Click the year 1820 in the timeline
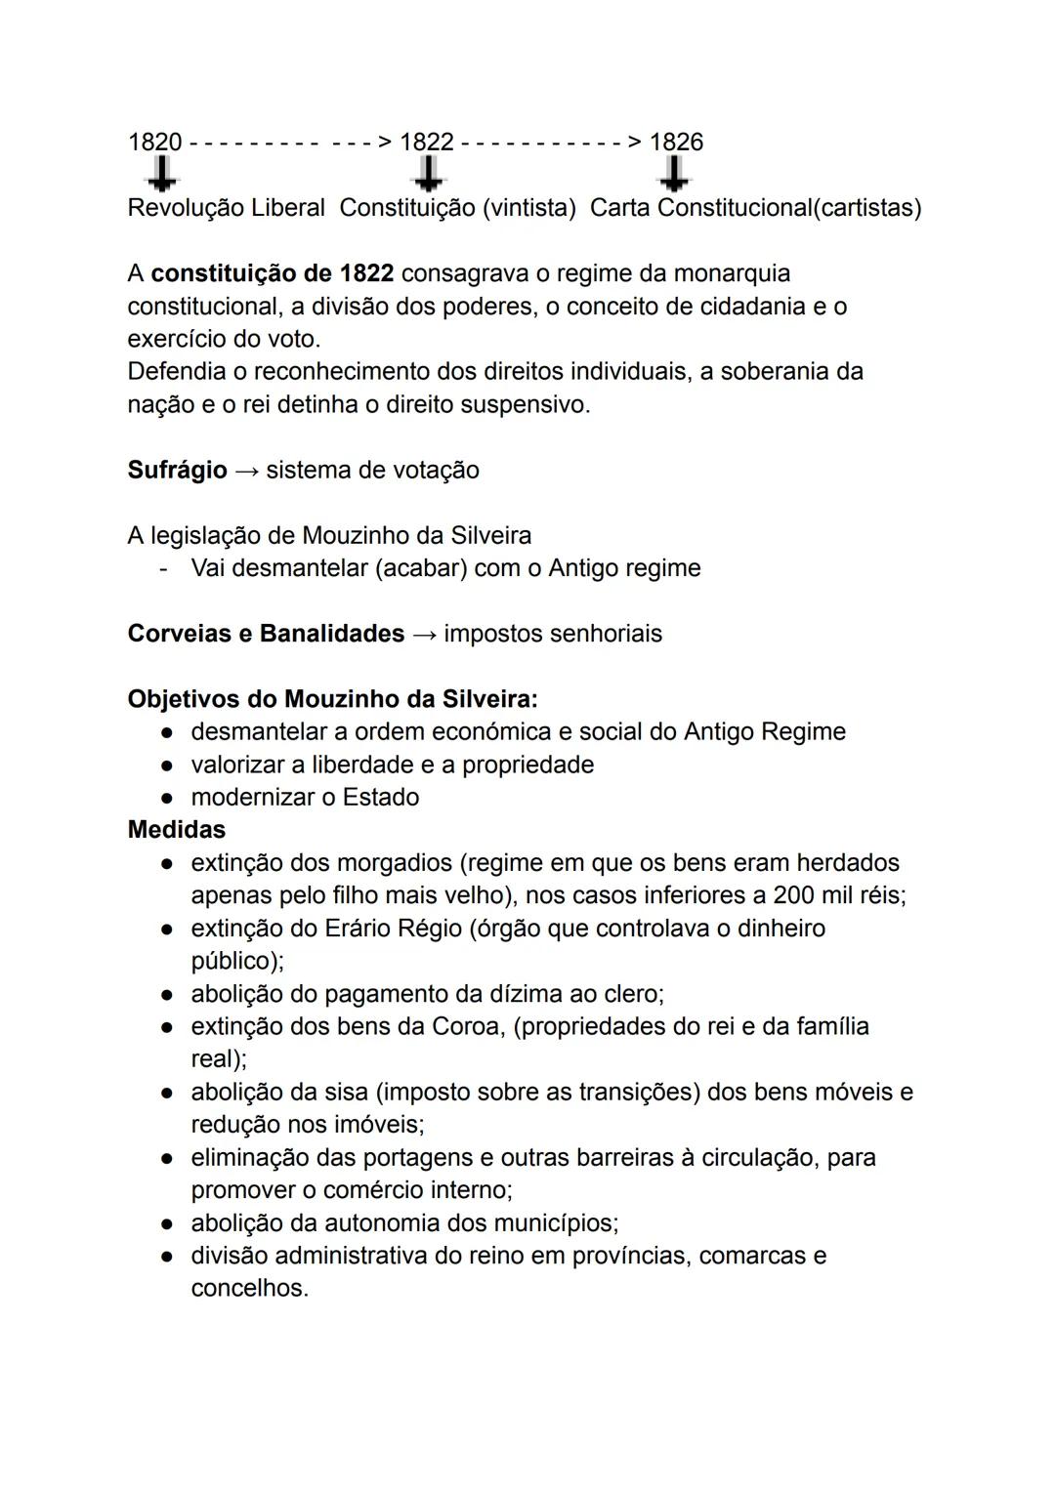click(x=154, y=142)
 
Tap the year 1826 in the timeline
click(x=676, y=142)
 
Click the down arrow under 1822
click(x=427, y=175)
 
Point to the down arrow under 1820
click(x=161, y=175)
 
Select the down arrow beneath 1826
click(x=673, y=175)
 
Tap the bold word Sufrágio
click(x=177, y=470)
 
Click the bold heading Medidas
click(x=176, y=830)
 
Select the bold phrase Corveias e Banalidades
click(x=266, y=634)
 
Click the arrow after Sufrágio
click(x=247, y=471)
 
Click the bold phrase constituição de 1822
click(x=272, y=273)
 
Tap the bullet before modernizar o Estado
click(x=168, y=798)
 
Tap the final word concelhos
click(x=249, y=1289)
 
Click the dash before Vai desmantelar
click(x=164, y=568)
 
